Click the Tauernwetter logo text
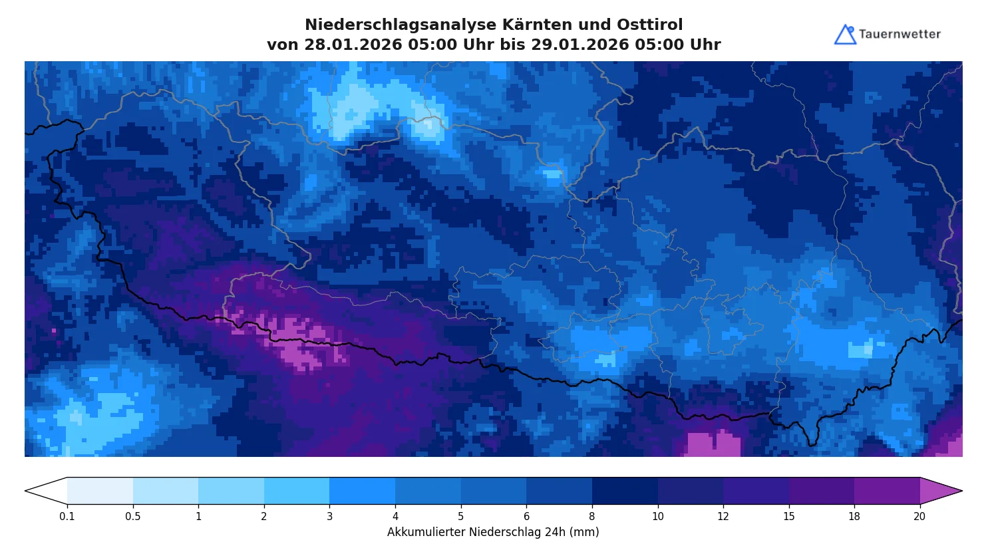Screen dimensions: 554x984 tap(900, 35)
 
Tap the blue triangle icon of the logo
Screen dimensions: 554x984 tap(845, 35)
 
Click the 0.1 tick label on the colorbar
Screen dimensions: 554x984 tap(67, 517)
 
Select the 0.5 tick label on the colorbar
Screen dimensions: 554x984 tap(133, 517)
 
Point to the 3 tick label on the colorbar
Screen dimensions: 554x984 tap(329, 517)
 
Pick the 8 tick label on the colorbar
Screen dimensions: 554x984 tap(592, 517)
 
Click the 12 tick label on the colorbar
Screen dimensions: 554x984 tap(723, 517)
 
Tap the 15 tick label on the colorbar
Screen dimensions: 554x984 tap(789, 517)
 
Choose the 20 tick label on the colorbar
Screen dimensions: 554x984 tap(919, 517)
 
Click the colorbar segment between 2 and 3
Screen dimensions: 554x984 tap(297, 491)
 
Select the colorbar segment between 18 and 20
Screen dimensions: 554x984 tap(887, 491)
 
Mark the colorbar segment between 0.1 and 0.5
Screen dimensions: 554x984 tap(100, 491)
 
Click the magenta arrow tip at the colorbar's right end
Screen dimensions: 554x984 tap(939, 491)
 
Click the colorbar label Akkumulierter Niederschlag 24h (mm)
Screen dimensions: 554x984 tap(493, 533)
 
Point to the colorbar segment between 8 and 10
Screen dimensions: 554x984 tap(625, 491)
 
